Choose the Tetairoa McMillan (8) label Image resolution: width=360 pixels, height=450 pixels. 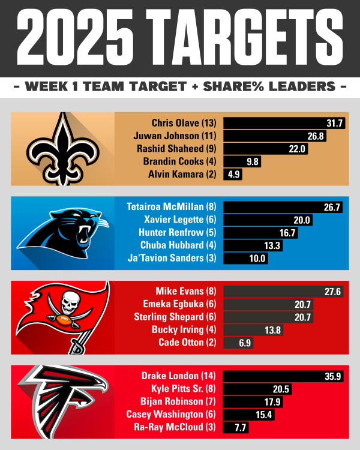click(172, 207)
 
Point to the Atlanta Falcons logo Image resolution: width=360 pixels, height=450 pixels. click(63, 399)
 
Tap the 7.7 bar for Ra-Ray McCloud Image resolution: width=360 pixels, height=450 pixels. click(235, 428)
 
